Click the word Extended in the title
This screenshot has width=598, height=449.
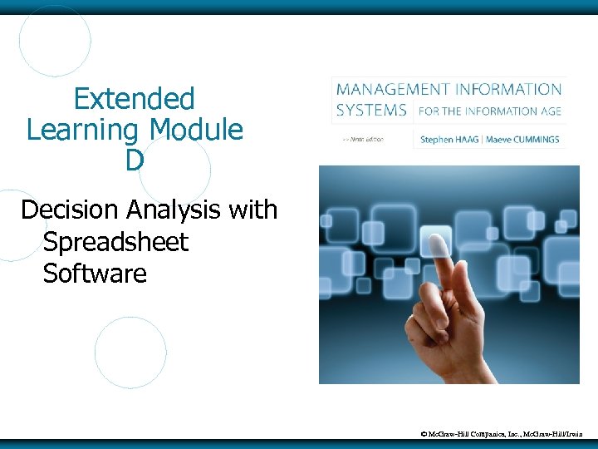(x=134, y=99)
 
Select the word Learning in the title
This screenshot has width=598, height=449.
(x=82, y=130)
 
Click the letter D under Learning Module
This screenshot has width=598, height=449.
(x=134, y=160)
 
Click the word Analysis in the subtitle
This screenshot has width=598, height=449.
(x=176, y=210)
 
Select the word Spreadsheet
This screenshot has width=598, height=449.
(x=115, y=242)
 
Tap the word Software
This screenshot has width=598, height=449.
(x=94, y=273)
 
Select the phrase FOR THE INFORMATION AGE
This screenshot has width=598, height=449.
(x=489, y=111)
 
